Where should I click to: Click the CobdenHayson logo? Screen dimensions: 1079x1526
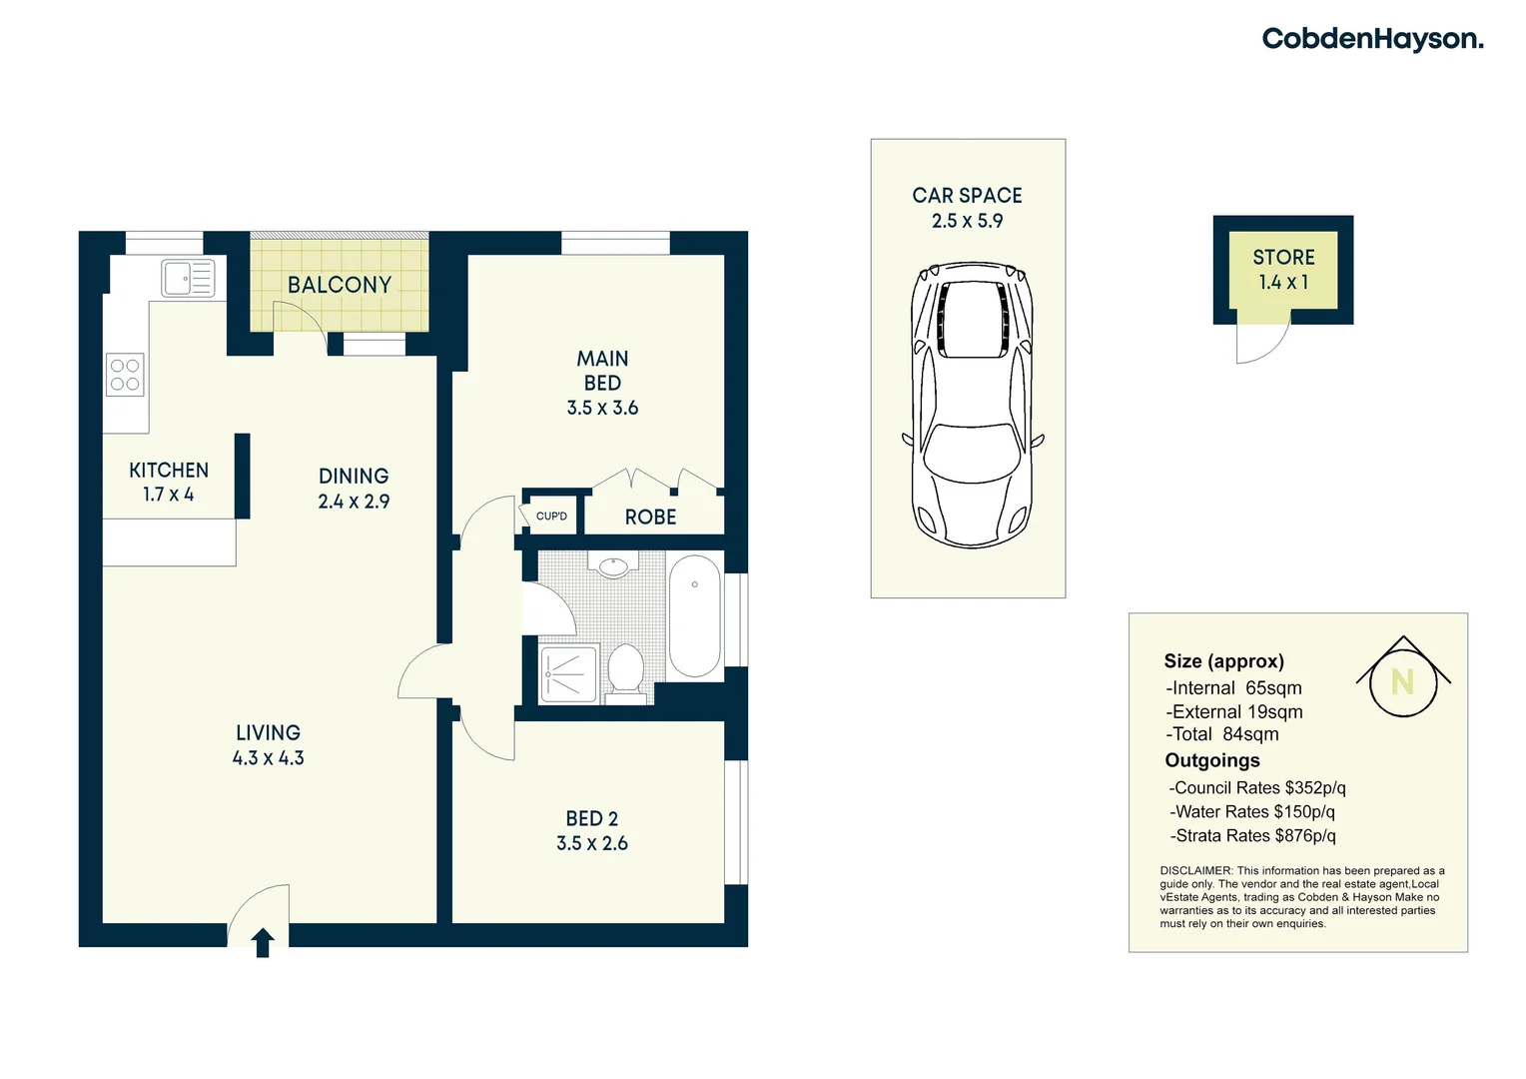tap(1372, 39)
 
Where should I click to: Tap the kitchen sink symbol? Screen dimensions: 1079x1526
tap(189, 278)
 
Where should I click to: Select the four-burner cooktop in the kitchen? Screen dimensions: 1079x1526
tap(125, 375)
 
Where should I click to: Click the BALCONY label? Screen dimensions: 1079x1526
tap(340, 285)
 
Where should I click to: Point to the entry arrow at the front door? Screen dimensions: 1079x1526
tap(263, 943)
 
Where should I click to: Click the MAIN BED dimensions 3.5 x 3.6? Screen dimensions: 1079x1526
tap(602, 408)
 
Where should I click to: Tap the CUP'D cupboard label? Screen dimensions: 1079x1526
tap(551, 517)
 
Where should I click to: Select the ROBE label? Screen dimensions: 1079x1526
tap(650, 518)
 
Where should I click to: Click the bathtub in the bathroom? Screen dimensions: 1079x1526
tap(694, 616)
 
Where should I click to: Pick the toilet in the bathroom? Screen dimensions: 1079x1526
tap(626, 669)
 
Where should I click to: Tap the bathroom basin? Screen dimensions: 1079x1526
tap(612, 566)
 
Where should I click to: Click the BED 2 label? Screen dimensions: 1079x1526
tap(592, 818)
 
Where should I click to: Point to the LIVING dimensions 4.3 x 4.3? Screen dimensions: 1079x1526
tap(268, 758)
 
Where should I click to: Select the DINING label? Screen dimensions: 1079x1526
tap(354, 477)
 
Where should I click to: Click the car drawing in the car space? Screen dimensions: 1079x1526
tap(970, 405)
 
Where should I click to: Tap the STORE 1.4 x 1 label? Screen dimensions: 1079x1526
tap(1283, 270)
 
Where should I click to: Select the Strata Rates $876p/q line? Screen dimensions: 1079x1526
tap(1254, 836)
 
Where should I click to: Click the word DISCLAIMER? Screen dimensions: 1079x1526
tap(1195, 871)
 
